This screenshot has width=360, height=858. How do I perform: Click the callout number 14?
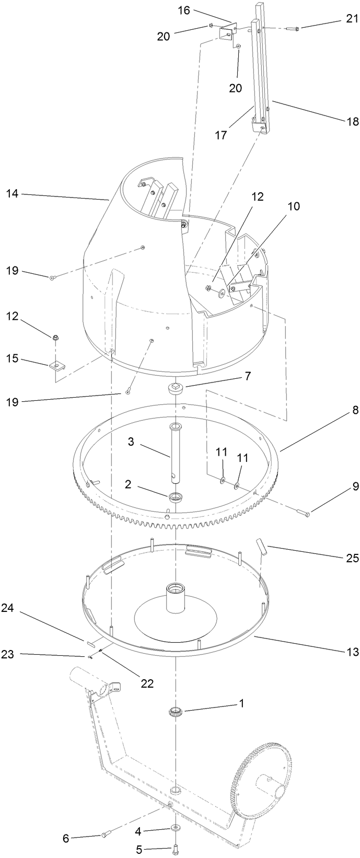click(x=12, y=194)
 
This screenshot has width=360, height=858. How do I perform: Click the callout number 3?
click(x=132, y=442)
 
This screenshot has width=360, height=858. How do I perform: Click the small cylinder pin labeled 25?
click(x=261, y=547)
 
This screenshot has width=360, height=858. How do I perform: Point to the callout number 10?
click(x=293, y=206)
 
